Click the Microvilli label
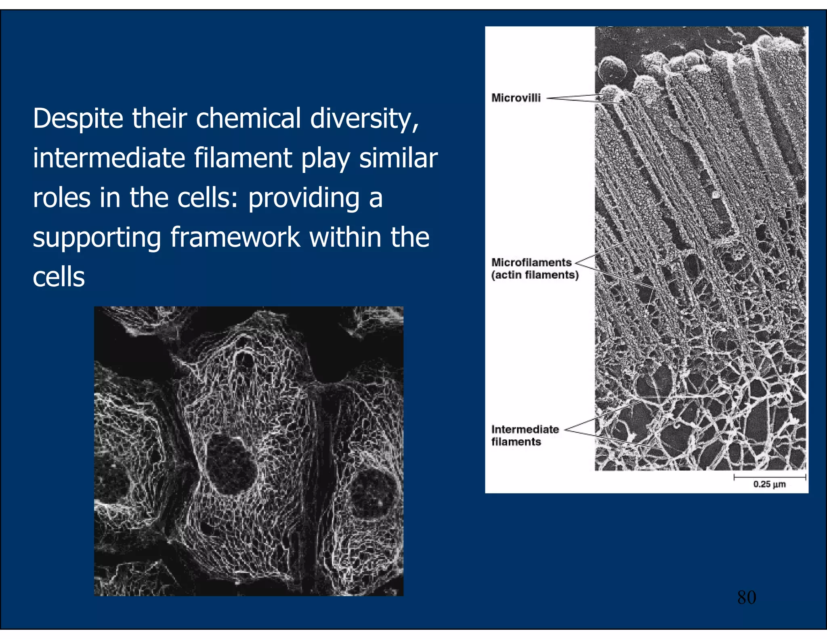516,98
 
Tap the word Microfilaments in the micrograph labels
531,263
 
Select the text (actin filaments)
535,275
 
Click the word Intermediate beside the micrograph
525,429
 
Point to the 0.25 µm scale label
769,484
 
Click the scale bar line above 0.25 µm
770,477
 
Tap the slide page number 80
746,597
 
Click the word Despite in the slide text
78,119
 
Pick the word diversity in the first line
363,119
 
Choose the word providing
304,198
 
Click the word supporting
97,238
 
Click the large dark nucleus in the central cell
231,463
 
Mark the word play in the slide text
325,158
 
